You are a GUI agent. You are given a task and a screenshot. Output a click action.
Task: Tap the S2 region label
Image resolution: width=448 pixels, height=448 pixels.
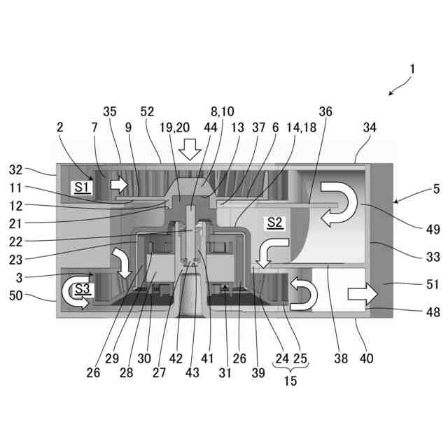click(274, 223)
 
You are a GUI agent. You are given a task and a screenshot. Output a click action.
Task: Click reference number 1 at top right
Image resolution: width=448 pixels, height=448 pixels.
click(413, 69)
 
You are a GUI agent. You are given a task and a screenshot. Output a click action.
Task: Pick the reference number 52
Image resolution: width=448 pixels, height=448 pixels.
click(148, 111)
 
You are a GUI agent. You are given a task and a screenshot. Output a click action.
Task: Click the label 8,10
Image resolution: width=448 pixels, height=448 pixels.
click(223, 111)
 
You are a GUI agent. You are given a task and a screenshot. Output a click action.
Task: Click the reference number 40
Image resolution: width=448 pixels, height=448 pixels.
click(366, 359)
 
